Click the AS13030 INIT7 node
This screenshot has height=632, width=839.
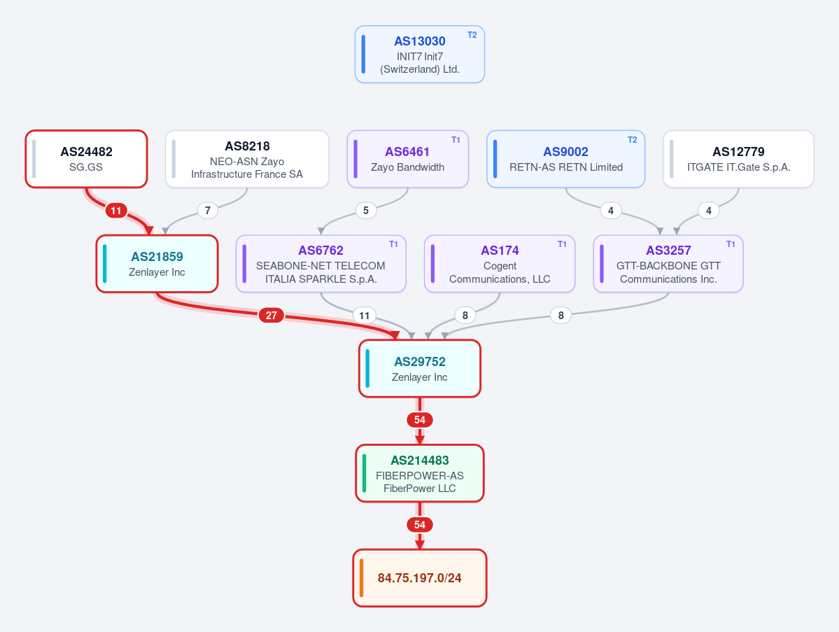[420, 54]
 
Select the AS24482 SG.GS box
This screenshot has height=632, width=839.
[86, 159]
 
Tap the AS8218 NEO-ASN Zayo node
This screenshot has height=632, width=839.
[247, 159]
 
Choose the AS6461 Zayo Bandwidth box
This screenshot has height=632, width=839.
[408, 159]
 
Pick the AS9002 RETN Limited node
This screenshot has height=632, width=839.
[565, 159]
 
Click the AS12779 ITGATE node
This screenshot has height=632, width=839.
[738, 159]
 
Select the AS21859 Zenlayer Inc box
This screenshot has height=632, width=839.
[157, 264]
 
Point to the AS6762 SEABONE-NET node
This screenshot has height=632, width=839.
[321, 264]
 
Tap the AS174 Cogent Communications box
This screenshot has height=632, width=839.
[500, 264]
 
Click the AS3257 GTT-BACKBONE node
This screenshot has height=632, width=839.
[668, 264]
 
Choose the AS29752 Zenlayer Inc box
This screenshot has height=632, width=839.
[420, 369]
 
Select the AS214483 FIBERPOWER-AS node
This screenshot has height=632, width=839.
[420, 474]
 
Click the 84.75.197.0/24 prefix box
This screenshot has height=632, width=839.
[420, 578]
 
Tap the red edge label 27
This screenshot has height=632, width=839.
[272, 315]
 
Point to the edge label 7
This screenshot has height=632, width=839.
[208, 210]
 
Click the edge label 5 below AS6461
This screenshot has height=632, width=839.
[366, 210]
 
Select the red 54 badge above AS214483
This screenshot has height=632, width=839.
[420, 420]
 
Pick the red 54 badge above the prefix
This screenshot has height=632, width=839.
[420, 525]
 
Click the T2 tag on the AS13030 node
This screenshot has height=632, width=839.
[472, 35]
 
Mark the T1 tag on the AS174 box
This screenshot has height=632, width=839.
[562, 244]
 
